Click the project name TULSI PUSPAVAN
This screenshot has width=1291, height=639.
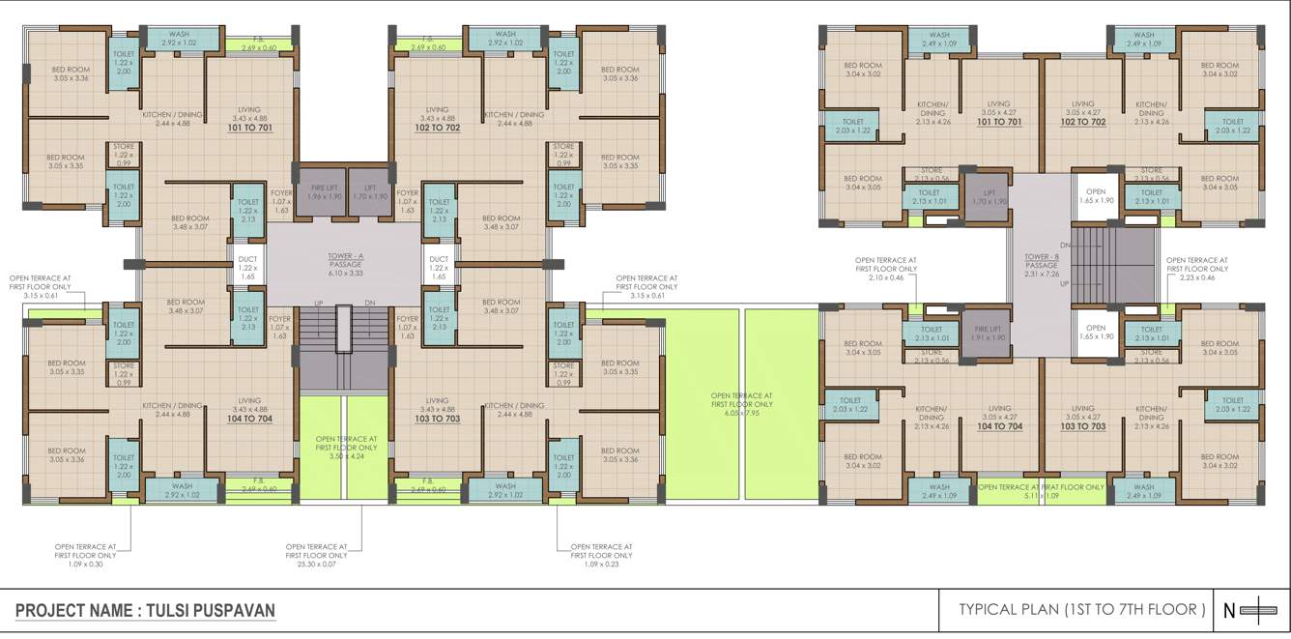pos(145,611)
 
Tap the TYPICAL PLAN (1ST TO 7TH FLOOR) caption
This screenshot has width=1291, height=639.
pos(1081,610)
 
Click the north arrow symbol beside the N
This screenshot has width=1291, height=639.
pos(1258,610)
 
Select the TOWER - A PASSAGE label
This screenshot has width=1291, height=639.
pos(345,261)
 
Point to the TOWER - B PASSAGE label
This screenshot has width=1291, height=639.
pos(1041,261)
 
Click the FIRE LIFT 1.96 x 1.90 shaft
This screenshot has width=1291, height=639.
pos(319,190)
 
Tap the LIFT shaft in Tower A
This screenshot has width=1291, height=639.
pos(369,190)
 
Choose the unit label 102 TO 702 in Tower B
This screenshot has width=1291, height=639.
pos(1082,123)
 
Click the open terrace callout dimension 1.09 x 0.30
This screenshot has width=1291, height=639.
pos(86,564)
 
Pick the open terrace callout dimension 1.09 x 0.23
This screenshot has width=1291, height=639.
pos(603,564)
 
